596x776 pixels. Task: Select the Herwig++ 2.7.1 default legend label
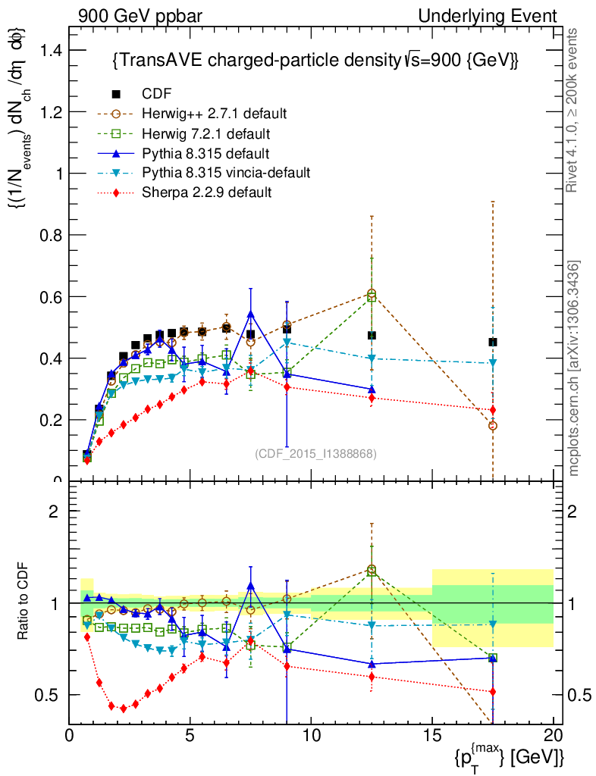tap(214, 114)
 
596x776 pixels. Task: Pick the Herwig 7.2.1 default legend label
tap(207, 134)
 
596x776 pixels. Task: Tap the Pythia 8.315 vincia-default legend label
tap(226, 173)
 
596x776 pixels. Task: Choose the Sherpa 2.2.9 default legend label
tap(207, 192)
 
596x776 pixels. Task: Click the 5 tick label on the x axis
tap(190, 734)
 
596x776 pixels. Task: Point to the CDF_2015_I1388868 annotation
tap(315, 454)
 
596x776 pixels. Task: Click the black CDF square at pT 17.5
tap(493, 343)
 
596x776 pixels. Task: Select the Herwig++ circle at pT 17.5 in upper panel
tap(493, 426)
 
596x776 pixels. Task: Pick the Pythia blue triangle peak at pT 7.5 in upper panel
tap(251, 314)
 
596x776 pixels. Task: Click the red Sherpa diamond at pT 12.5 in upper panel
tap(372, 397)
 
